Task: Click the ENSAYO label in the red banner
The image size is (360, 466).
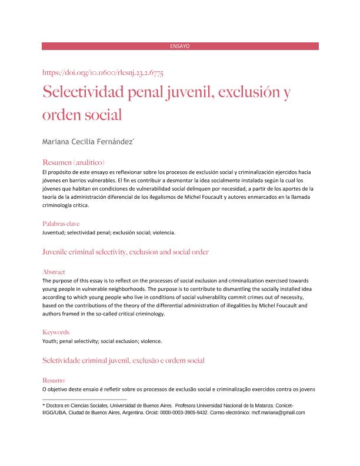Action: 180,46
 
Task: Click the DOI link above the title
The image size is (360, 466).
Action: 103,73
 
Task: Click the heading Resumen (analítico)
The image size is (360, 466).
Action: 74,162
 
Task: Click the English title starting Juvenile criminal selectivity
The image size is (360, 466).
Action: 126,252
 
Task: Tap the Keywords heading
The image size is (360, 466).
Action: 56,332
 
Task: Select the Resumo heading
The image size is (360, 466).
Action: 54,381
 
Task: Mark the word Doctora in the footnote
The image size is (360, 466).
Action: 57,406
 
